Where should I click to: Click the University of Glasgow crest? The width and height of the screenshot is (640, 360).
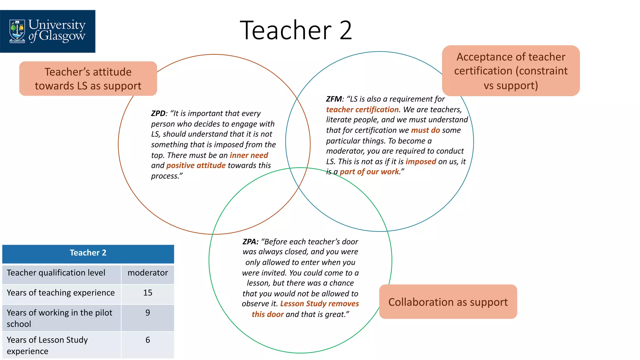17,31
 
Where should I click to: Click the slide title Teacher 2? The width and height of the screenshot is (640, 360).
296,30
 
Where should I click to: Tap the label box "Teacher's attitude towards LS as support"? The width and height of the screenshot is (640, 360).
88,79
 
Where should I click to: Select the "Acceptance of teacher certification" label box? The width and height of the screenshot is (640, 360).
511,71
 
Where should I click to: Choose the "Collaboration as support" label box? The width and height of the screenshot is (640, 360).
448,302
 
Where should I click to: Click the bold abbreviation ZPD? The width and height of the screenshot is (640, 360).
158,113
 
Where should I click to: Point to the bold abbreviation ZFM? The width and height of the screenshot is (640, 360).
334,99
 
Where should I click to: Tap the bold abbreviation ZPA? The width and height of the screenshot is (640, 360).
250,242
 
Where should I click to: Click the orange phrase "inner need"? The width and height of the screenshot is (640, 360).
249,155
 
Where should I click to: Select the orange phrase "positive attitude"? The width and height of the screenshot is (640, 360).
196,165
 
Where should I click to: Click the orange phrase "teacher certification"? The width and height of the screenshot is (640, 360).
362,109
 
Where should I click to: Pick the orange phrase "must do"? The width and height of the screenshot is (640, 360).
425,130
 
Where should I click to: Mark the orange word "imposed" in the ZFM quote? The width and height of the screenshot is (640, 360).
421,162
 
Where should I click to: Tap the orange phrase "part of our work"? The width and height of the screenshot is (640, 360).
369,172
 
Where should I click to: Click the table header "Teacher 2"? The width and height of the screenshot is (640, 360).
88,253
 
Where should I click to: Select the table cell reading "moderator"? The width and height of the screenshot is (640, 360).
147,273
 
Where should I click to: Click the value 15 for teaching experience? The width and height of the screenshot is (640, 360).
147,293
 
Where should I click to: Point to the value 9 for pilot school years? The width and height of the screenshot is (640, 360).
147,313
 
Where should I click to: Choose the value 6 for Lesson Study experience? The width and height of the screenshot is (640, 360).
147,340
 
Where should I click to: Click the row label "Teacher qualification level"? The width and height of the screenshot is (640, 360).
56,273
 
